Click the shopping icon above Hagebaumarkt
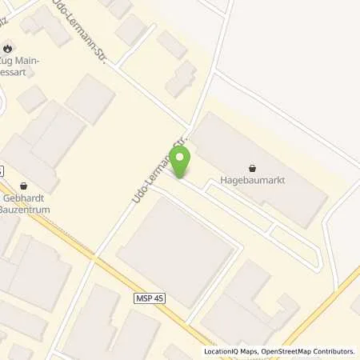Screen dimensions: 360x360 pos(254,168)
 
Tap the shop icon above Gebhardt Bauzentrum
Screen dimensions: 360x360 pos(23,186)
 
